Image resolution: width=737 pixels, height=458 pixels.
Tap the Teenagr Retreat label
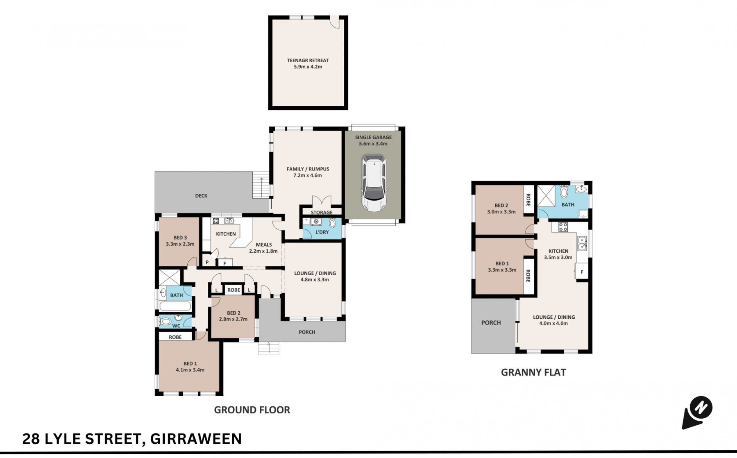click(x=308, y=63)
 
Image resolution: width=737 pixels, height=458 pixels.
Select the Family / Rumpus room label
click(x=308, y=172)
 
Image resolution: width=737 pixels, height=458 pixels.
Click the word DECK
click(x=201, y=196)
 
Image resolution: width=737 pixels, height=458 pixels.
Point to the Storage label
click(x=322, y=213)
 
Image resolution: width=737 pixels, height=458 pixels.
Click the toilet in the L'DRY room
click(x=332, y=223)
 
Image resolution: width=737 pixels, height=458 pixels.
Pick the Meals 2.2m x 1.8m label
click(x=263, y=248)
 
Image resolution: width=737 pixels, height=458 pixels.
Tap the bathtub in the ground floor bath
click(x=175, y=306)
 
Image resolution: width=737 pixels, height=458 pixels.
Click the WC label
click(x=176, y=326)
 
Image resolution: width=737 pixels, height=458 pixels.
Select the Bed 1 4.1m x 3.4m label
click(x=190, y=367)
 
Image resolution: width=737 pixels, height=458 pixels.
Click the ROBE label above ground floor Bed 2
click(x=234, y=290)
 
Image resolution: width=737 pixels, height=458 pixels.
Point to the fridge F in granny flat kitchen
click(x=582, y=272)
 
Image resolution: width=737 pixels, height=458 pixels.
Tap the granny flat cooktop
click(x=563, y=227)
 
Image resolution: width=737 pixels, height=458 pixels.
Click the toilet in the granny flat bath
click(x=564, y=191)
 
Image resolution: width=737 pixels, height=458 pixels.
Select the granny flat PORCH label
click(x=491, y=323)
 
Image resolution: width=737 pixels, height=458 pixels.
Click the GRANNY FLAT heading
click(x=533, y=372)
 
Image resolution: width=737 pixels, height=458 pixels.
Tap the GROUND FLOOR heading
click(x=252, y=410)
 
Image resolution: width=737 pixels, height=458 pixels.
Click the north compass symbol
click(x=697, y=413)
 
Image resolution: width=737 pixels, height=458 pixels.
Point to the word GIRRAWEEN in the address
click(x=196, y=439)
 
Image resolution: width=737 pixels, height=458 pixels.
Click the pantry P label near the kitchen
click(x=207, y=263)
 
